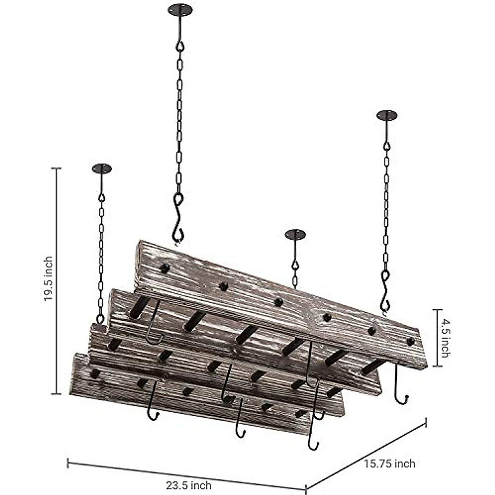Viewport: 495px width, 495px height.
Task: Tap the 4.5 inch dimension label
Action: [x=444, y=337]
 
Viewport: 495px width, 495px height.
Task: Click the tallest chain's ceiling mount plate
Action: [x=181, y=8]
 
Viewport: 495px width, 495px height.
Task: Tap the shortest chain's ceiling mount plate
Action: [x=296, y=234]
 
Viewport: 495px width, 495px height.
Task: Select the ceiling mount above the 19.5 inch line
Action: [x=102, y=168]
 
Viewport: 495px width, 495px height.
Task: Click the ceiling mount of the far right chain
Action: [x=387, y=115]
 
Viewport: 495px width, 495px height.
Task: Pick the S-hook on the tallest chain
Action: [x=178, y=221]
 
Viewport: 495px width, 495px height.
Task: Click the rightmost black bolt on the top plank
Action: [x=410, y=341]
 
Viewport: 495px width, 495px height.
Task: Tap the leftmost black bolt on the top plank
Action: [x=165, y=269]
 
